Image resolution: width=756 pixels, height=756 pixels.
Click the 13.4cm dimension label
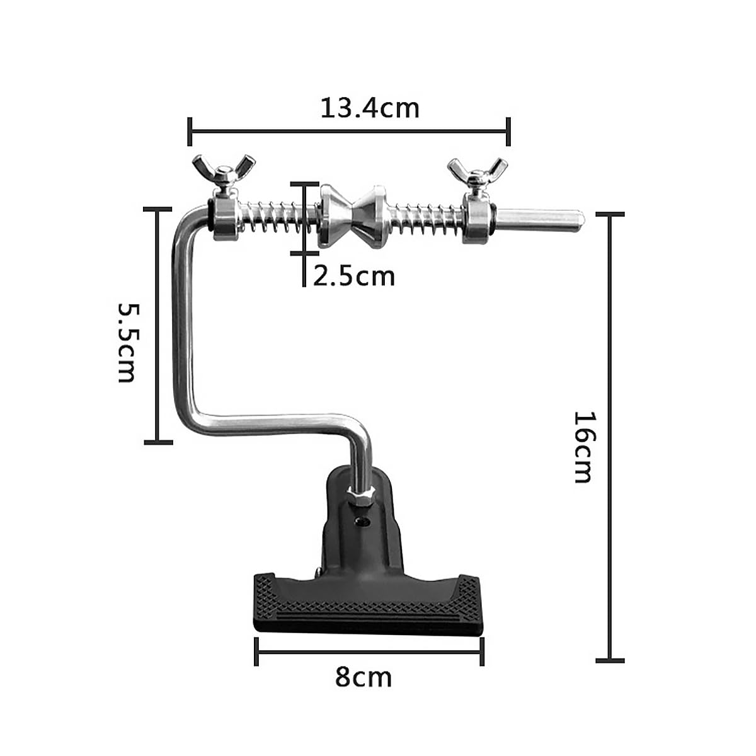tap(370, 108)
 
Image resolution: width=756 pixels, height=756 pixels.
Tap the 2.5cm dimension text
tap(353, 277)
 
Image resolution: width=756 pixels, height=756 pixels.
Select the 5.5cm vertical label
tap(127, 343)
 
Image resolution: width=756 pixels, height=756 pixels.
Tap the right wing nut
tap(477, 173)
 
